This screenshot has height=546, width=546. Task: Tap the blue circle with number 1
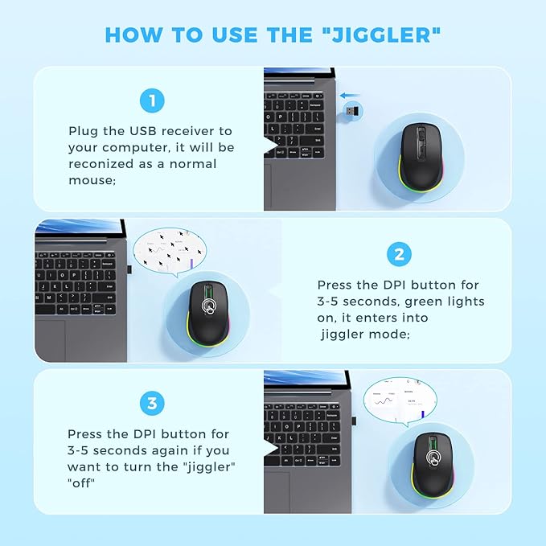point(151,101)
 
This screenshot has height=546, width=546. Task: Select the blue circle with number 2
point(399,255)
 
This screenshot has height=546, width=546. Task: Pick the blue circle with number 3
point(151,403)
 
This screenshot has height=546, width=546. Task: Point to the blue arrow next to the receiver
point(348,94)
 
